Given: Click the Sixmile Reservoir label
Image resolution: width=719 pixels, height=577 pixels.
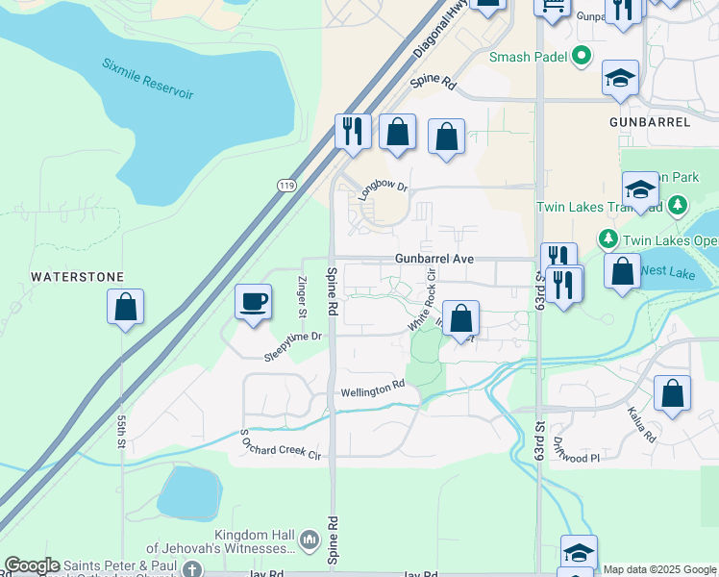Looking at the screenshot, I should pyautogui.click(x=148, y=80).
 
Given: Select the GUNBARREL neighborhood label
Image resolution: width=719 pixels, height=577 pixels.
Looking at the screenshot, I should pyautogui.click(x=650, y=123).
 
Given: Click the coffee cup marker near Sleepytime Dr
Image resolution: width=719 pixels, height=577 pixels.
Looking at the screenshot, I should pyautogui.click(x=254, y=303).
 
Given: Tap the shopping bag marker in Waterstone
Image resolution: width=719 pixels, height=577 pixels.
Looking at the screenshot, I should pyautogui.click(x=125, y=309).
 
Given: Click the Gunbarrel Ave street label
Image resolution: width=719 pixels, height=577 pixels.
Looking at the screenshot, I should pyautogui.click(x=434, y=260).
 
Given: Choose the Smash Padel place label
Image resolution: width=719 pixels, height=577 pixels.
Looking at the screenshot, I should pyautogui.click(x=528, y=57).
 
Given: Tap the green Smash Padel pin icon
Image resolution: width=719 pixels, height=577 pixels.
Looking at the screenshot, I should pyautogui.click(x=581, y=57).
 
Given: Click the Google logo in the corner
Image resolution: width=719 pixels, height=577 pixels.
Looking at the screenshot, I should pyautogui.click(x=32, y=565).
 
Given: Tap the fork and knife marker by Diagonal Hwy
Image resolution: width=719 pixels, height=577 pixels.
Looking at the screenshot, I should pyautogui.click(x=353, y=130).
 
